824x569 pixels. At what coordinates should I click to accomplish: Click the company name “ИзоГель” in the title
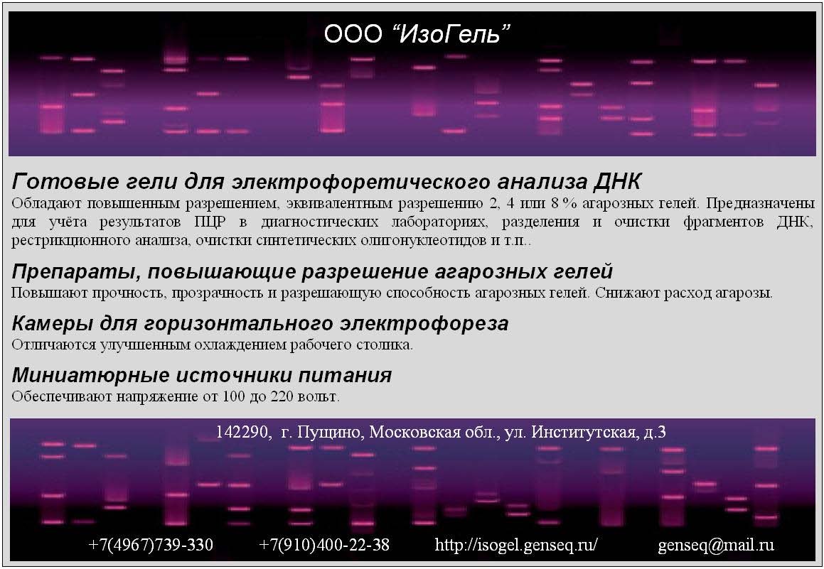[x=451, y=34]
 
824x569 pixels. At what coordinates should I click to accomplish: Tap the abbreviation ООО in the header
[x=353, y=34]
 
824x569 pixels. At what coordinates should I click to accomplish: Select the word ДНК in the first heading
[x=618, y=182]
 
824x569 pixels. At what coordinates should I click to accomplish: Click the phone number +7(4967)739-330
[x=151, y=545]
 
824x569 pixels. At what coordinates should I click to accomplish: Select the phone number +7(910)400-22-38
[x=324, y=545]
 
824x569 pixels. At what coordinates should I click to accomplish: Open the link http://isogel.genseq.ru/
[x=516, y=545]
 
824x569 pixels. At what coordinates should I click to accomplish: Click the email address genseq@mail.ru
[x=716, y=546]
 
